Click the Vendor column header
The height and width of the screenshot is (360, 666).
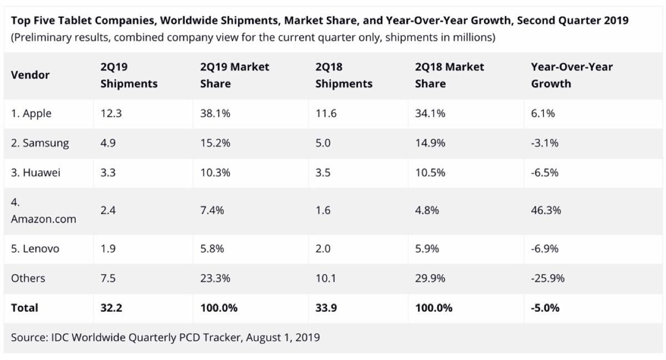tap(30, 75)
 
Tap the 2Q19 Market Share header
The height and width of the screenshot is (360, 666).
tap(234, 75)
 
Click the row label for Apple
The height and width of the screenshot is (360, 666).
tap(31, 113)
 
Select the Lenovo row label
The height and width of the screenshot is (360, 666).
tap(35, 249)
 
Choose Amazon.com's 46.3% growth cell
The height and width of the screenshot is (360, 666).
tap(546, 210)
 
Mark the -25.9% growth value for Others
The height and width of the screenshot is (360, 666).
tap(548, 278)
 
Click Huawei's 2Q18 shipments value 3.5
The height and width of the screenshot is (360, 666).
tap(322, 173)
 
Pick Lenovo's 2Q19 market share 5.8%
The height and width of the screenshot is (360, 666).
tap(212, 249)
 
